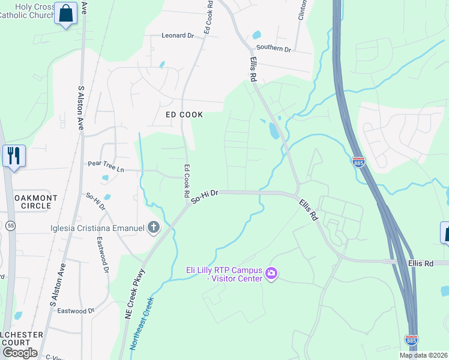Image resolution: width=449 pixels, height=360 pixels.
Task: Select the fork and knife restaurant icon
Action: [x=14, y=155]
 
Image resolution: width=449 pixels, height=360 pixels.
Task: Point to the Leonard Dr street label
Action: [x=178, y=36]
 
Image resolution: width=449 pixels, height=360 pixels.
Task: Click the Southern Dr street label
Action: [x=273, y=48]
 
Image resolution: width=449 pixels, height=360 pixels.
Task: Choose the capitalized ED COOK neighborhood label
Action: [x=184, y=115]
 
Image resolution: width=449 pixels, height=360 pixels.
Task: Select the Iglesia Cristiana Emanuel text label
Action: [x=98, y=228]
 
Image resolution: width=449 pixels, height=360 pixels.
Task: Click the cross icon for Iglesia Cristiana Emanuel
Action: [x=154, y=227]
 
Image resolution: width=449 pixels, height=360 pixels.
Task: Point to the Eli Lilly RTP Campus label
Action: [x=224, y=274]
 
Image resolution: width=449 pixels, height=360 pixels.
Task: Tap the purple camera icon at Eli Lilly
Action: [x=271, y=274]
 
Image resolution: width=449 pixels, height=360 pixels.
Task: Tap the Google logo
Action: [x=19, y=353]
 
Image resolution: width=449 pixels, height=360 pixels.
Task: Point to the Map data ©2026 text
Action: [x=423, y=355]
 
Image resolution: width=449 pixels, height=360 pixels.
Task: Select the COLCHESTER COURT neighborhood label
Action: [x=22, y=338]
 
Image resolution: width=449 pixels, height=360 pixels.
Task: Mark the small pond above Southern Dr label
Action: [x=257, y=35]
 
